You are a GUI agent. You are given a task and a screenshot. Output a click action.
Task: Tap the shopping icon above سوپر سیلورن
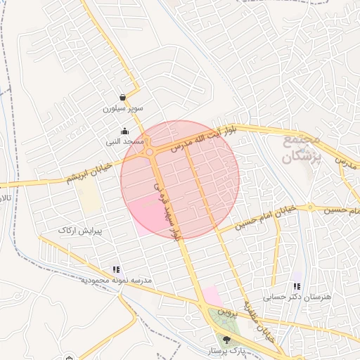tap(123, 98)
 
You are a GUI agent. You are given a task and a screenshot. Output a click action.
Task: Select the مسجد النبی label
tap(125, 141)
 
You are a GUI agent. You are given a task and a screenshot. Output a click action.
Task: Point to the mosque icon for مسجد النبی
tap(125, 130)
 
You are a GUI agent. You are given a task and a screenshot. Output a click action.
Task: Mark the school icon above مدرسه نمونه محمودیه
tap(115, 269)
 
